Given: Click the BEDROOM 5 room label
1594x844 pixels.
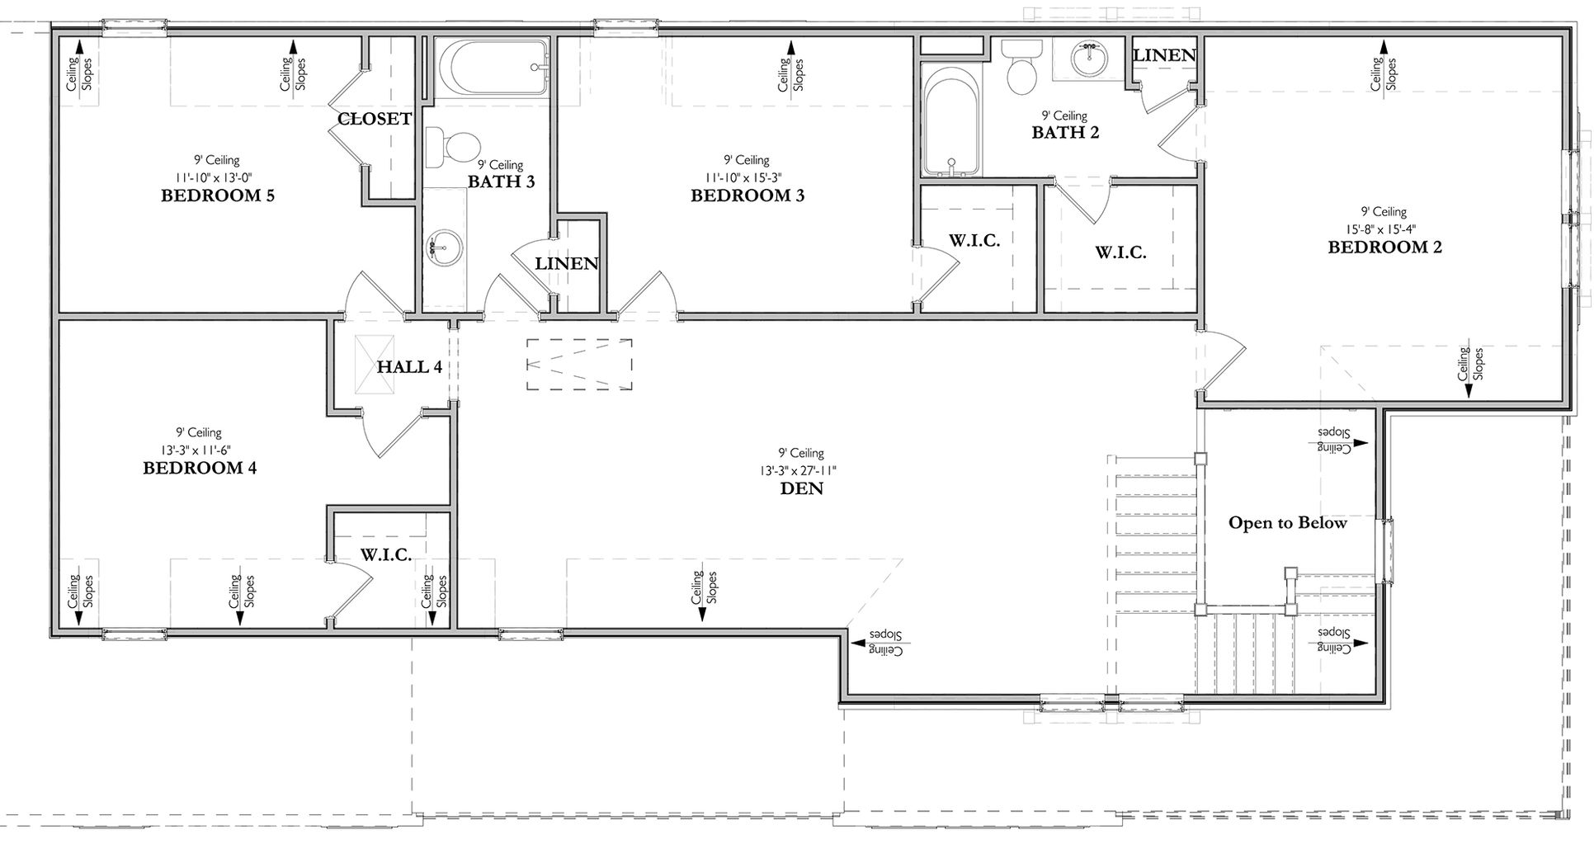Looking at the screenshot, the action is [x=218, y=196].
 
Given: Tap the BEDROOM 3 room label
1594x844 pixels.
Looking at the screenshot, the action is [x=747, y=196].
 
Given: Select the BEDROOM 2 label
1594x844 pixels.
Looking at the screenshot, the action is [x=1384, y=247].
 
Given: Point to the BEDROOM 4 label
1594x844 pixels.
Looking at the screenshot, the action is [x=200, y=468].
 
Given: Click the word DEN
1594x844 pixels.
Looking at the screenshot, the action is [x=801, y=488].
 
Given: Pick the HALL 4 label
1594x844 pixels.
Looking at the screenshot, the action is [x=409, y=366].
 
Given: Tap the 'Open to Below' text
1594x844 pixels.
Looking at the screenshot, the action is [x=1287, y=523].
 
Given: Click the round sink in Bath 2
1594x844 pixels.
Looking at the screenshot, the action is [x=1091, y=57].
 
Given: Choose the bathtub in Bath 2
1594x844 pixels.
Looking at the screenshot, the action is [x=950, y=121].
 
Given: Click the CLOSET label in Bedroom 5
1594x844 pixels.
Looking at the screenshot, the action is [x=374, y=119].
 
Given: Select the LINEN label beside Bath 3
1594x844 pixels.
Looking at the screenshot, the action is [x=566, y=264].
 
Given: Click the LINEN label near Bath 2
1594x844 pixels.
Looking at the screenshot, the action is [x=1164, y=55].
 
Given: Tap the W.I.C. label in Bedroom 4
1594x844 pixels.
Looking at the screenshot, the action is [x=386, y=554].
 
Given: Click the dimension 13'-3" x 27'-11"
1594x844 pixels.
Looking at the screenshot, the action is [x=801, y=470].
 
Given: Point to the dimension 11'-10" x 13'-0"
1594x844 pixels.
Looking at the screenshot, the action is [x=218, y=177].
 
